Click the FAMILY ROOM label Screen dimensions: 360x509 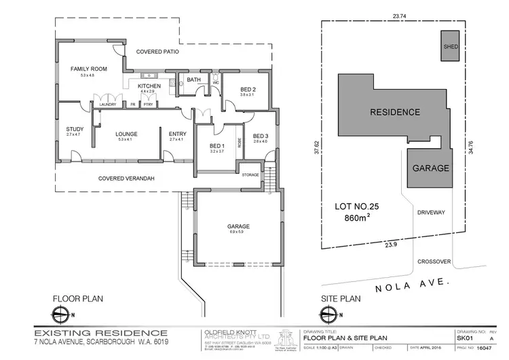(87, 69)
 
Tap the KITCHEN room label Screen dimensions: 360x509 (149, 86)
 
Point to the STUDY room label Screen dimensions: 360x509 (74, 129)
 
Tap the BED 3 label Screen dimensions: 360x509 (261, 136)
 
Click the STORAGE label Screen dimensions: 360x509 (250, 175)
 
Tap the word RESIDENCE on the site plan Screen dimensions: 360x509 (394, 112)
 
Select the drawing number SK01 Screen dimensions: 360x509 (464, 337)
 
